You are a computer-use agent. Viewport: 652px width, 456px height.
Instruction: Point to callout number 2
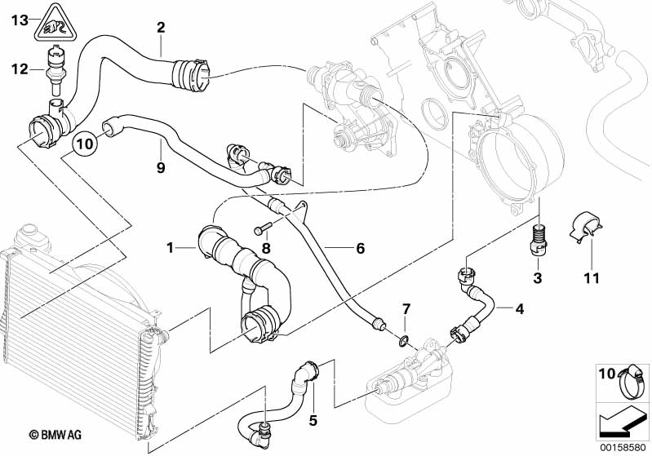161,27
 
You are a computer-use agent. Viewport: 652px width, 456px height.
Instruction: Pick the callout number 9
161,168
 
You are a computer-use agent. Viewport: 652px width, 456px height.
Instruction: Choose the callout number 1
170,246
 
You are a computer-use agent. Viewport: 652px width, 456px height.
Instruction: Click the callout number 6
360,249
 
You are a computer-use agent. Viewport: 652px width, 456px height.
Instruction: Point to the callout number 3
537,279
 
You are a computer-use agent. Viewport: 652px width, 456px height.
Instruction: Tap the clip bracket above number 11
588,226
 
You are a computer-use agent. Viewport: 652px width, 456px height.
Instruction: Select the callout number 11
591,279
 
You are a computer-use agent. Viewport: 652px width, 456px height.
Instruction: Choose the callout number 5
312,421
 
